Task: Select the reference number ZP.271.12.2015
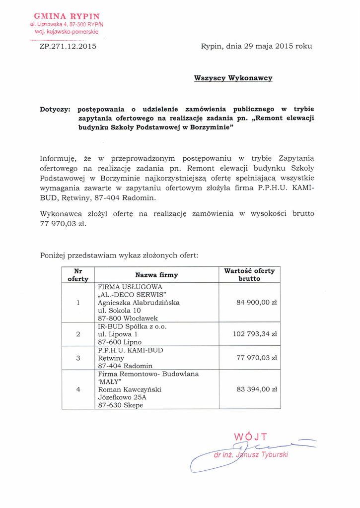coord(68,47)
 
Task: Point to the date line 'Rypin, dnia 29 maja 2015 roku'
coord(256,47)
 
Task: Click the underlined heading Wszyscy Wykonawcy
coord(233,78)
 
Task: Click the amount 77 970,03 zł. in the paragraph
coord(63,224)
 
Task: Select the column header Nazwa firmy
coord(156,275)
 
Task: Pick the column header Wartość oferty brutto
coord(249,275)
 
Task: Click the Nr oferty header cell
coord(78,275)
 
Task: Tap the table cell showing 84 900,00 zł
coord(257,303)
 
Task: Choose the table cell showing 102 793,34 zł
coord(255,334)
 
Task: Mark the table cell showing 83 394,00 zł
coord(257,390)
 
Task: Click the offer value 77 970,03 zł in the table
coord(257,358)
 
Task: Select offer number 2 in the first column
coord(78,334)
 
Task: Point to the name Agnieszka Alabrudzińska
coord(139,302)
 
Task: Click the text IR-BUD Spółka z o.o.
coord(132,326)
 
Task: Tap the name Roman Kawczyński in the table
coord(129,390)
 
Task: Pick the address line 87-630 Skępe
coord(120,405)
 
